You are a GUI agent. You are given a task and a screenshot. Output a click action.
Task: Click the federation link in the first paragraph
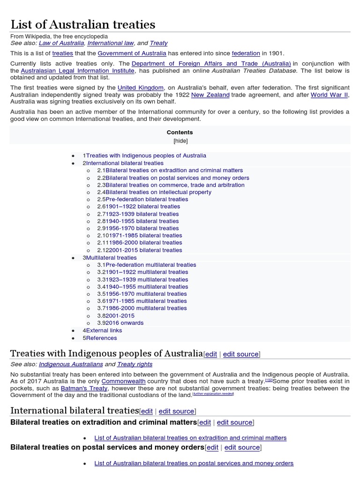pyautogui.click(x=246, y=53)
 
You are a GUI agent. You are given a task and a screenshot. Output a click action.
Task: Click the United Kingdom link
pyautogui.click(x=141, y=88)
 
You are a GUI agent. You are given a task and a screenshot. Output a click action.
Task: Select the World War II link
pyautogui.click(x=329, y=95)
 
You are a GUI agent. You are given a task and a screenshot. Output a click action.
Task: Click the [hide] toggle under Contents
pyautogui.click(x=180, y=141)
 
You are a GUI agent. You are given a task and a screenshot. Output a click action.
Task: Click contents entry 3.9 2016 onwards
pyautogui.click(x=120, y=323)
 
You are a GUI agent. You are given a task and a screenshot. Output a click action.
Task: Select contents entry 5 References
pyautogui.click(x=99, y=338)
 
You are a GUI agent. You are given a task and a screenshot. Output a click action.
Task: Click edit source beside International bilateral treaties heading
pyautogui.click(x=176, y=411)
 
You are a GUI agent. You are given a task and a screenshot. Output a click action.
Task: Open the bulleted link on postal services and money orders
pyautogui.click(x=194, y=463)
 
